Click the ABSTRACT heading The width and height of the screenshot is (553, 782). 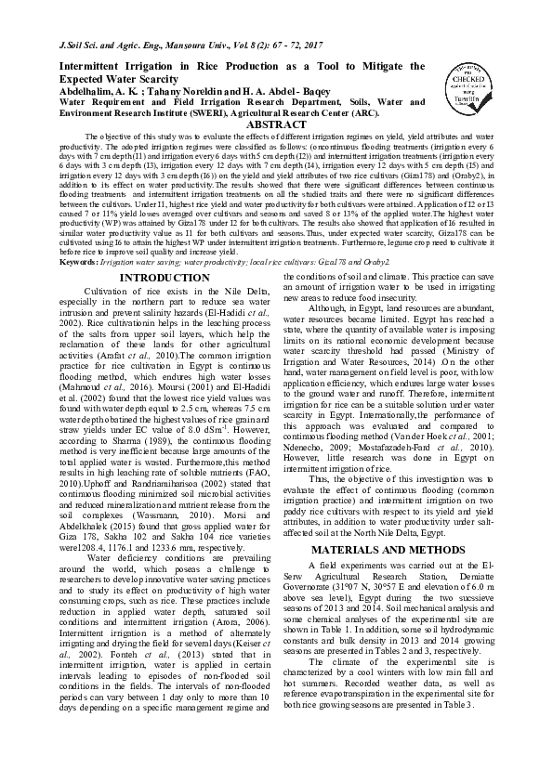(x=279, y=124)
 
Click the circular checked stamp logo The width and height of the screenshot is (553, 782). (x=464, y=80)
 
